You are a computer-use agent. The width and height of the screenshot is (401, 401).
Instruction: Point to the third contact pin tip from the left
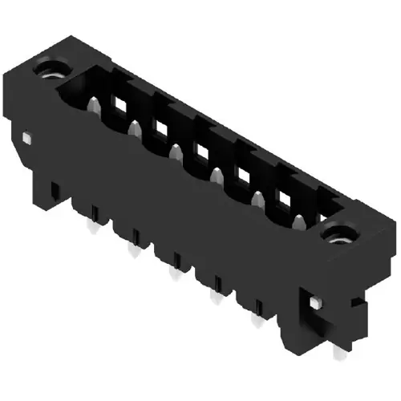tap(176, 151)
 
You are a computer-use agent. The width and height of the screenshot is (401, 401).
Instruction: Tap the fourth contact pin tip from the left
tap(217, 175)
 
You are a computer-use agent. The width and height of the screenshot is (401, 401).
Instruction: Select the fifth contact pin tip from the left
tap(258, 197)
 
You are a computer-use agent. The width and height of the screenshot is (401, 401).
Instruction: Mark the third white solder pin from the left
tap(172, 275)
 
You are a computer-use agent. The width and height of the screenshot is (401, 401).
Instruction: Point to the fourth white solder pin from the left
tap(213, 298)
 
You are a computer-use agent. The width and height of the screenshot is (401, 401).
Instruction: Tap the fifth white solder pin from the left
tap(256, 321)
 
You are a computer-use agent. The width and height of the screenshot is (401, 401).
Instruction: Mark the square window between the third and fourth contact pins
tap(200, 150)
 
